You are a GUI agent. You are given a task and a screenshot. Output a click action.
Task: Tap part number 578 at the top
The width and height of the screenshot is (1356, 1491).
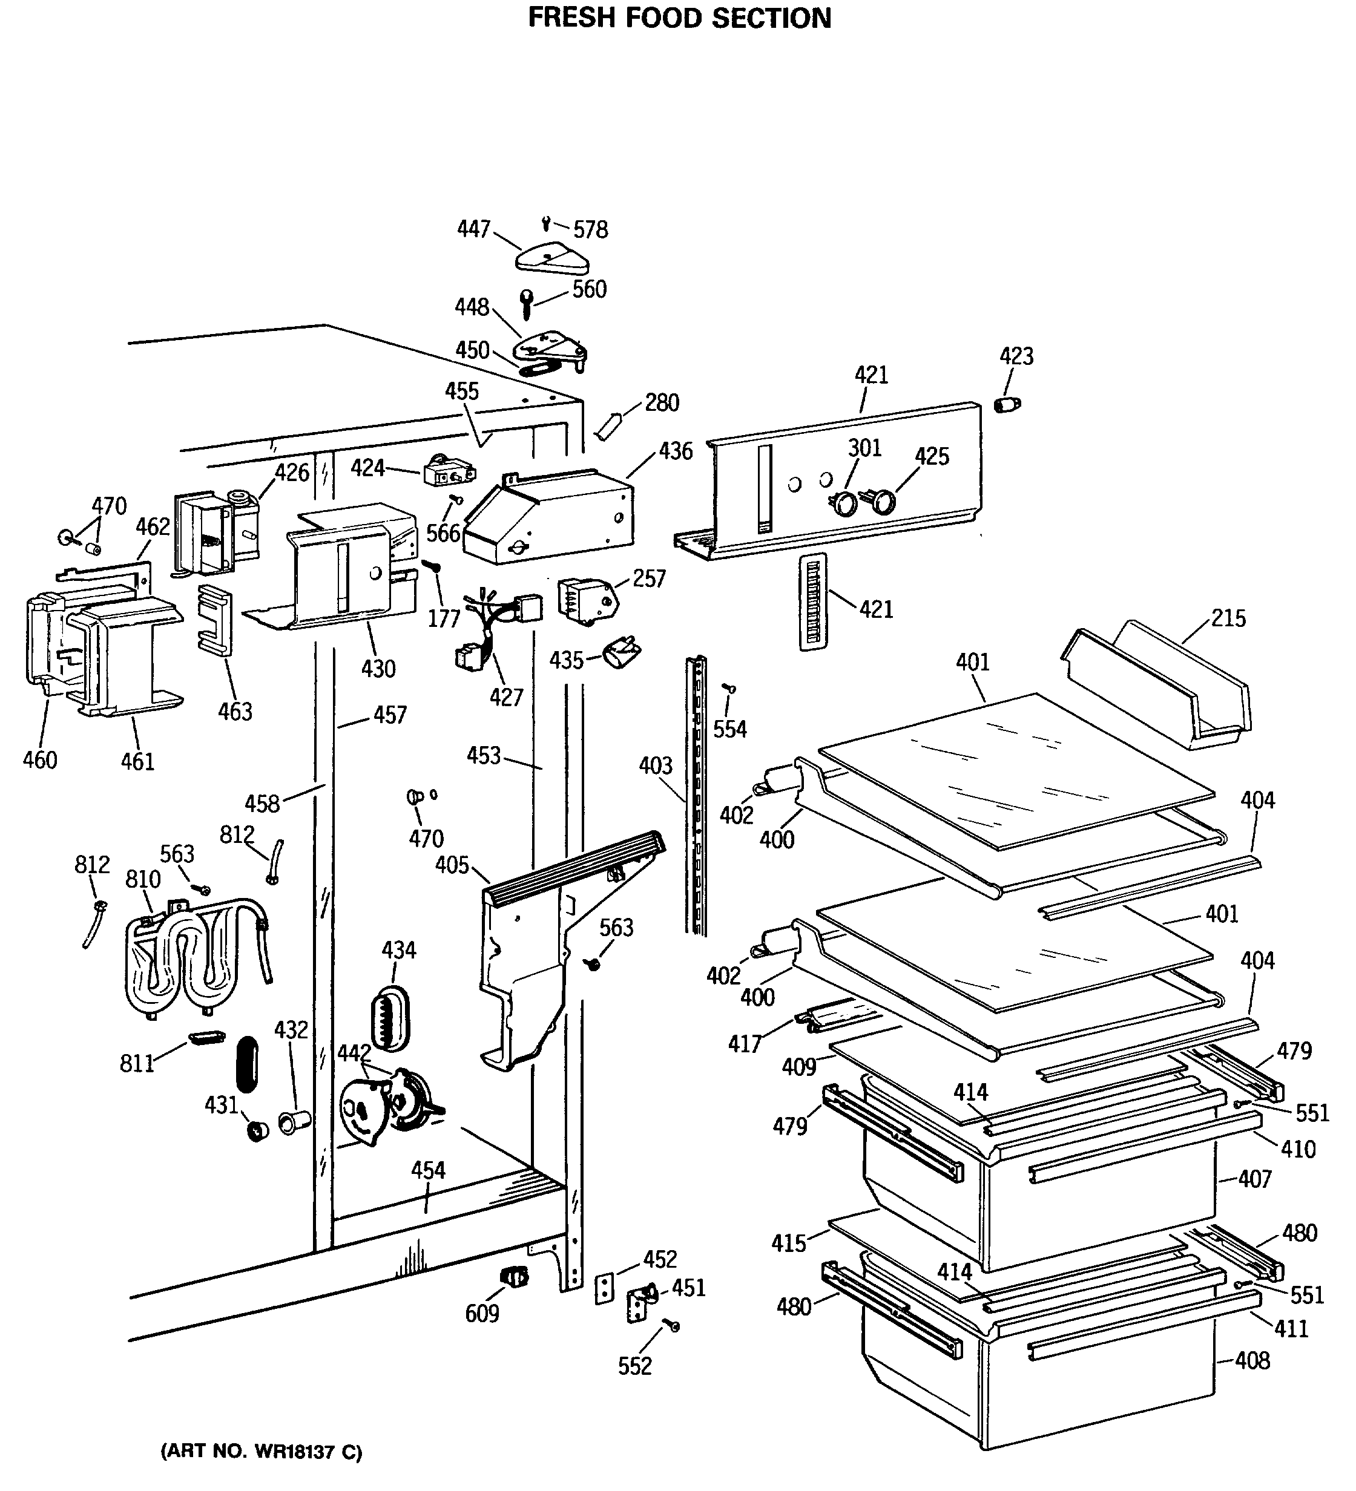590,230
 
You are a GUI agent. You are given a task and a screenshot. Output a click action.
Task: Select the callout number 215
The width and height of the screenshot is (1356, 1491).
1228,618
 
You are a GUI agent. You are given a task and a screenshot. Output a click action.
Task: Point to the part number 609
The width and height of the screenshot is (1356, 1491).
482,1314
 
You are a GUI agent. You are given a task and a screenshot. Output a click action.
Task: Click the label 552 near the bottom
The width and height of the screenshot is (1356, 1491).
635,1366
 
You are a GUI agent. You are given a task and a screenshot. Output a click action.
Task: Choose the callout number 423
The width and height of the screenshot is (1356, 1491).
1016,356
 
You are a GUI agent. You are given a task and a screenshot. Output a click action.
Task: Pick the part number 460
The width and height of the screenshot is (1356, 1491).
40,759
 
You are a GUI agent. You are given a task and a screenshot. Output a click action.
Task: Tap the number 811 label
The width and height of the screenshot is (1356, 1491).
137,1064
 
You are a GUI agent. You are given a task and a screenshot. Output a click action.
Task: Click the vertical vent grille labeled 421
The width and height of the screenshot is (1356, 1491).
812,601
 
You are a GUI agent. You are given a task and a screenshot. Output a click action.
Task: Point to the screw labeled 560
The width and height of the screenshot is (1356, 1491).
527,303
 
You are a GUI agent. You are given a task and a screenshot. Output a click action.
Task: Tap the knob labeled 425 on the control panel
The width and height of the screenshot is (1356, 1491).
881,503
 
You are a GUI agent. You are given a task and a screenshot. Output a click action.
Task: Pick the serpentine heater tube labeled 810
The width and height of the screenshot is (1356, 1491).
196,962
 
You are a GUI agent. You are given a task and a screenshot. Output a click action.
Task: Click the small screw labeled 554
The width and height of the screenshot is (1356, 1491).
730,689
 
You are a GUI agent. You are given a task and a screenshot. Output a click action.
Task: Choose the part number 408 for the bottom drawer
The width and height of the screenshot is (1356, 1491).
1252,1360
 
